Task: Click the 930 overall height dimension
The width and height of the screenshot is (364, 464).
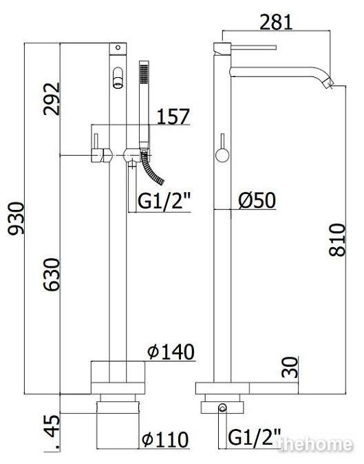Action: tap(16, 219)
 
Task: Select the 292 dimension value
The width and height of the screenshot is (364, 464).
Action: tap(52, 99)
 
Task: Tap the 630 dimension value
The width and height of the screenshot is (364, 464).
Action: tap(52, 275)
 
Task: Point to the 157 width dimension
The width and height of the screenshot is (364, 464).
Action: tap(173, 116)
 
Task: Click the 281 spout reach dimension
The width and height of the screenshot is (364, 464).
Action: tap(276, 22)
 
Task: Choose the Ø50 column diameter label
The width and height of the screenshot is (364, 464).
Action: tap(257, 200)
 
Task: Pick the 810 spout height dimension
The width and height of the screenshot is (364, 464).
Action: tap(337, 240)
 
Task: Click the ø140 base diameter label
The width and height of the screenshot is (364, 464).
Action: tap(171, 352)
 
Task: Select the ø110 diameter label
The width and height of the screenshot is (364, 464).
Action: tap(165, 439)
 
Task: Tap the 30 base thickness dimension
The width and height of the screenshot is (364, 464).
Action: tap(290, 367)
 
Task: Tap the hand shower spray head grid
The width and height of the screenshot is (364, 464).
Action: tap(144, 74)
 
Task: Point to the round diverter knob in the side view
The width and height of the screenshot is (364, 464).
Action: tap(222, 156)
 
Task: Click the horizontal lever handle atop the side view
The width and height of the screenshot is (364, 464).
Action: tap(254, 48)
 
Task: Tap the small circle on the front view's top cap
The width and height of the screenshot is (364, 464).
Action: tap(118, 48)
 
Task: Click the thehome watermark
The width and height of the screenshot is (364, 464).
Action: tap(315, 445)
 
